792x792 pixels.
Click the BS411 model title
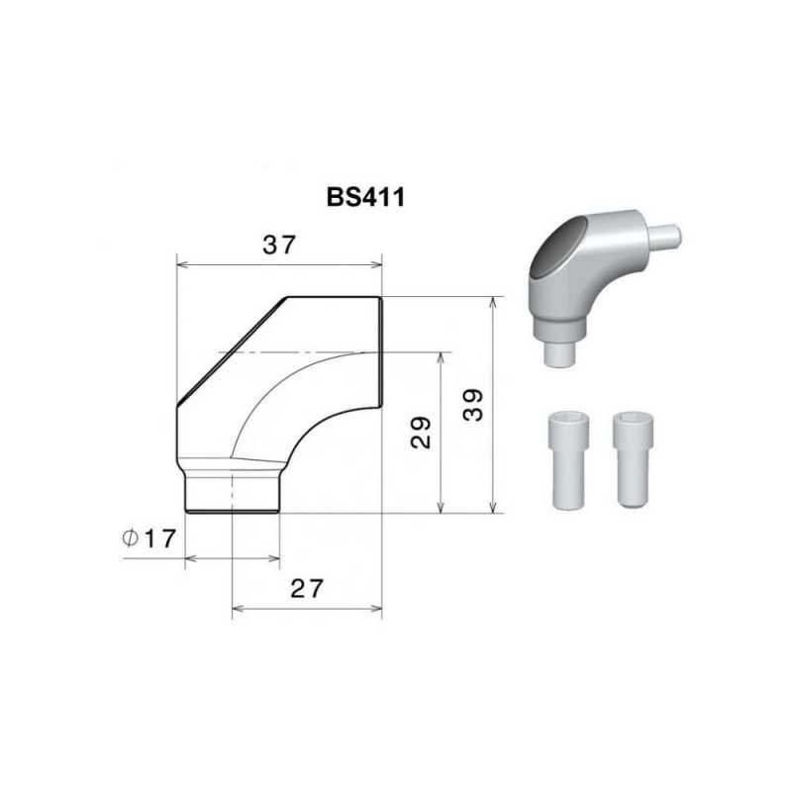(365, 197)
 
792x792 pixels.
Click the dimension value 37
(278, 245)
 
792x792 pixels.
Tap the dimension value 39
(473, 405)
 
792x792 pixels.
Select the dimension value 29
(421, 433)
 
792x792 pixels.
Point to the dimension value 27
(307, 588)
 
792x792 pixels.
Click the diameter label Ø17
(149, 539)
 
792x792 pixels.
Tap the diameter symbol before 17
(131, 539)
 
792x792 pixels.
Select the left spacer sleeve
(568, 459)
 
